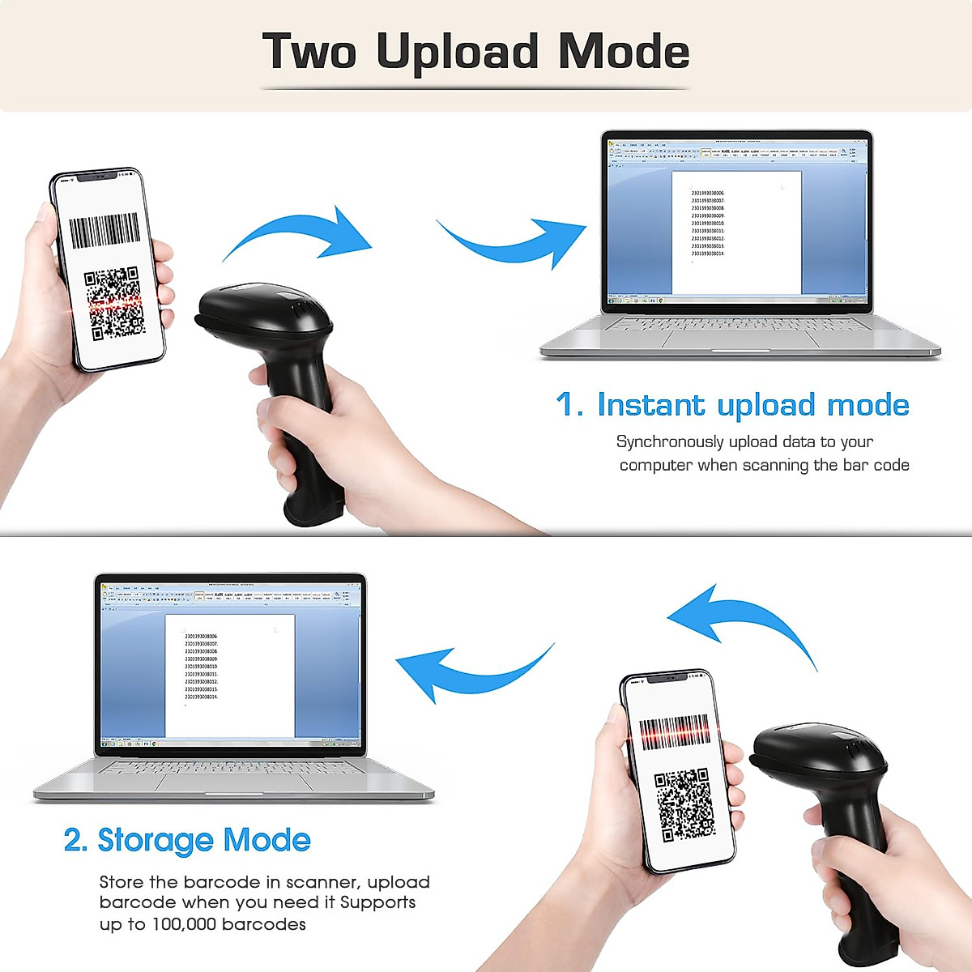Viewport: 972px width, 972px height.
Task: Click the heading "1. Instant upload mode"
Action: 732,405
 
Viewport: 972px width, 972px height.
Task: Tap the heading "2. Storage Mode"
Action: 187,840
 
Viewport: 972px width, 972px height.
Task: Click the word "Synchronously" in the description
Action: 669,441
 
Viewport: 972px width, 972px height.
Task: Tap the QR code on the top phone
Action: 114,304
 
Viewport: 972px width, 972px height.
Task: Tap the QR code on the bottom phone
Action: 684,804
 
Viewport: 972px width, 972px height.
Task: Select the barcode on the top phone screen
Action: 104,231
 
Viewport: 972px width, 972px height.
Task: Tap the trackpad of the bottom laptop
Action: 234,782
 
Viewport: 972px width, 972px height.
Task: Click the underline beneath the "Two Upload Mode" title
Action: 475,88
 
